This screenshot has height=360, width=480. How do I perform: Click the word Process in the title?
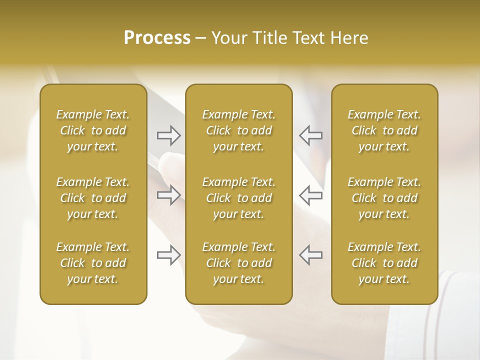[x=157, y=38]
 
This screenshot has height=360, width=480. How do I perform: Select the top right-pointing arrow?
[x=168, y=135]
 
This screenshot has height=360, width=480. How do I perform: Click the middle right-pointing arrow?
[x=168, y=195]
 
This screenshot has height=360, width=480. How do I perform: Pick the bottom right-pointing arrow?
[x=168, y=255]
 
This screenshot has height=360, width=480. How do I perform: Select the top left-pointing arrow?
[x=310, y=135]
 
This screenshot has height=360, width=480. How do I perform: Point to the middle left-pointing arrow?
[x=310, y=195]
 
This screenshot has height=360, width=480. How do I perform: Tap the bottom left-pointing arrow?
[x=310, y=255]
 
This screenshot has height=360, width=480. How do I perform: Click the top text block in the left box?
[x=93, y=130]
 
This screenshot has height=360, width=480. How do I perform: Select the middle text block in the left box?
[x=93, y=198]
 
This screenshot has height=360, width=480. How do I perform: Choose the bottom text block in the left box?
[x=93, y=263]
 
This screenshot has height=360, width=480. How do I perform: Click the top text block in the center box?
[x=239, y=130]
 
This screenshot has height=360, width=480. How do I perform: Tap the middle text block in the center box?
[x=239, y=198]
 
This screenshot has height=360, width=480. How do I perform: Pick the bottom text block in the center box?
[x=239, y=263]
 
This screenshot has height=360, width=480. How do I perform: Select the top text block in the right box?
[x=384, y=130]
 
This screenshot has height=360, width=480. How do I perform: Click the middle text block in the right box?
[x=384, y=198]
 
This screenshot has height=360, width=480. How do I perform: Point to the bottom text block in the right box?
[x=384, y=263]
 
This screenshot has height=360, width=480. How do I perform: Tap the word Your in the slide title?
[x=227, y=38]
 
